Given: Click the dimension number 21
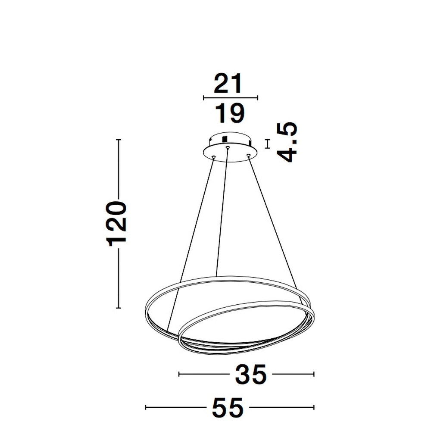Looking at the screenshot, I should [x=229, y=84].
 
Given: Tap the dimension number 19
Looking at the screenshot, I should [x=230, y=113].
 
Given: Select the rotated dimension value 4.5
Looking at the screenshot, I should [x=287, y=142].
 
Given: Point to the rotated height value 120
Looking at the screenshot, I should [x=118, y=223].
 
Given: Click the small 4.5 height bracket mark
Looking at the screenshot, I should [x=268, y=144].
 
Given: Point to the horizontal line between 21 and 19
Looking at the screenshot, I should [x=230, y=98].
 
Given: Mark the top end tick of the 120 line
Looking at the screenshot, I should [x=119, y=140].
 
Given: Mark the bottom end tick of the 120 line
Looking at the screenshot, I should [x=119, y=308].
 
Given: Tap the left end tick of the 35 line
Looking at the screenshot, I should [x=179, y=374].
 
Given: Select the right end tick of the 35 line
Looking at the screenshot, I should [x=314, y=374].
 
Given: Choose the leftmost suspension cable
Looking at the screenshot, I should [x=191, y=241].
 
